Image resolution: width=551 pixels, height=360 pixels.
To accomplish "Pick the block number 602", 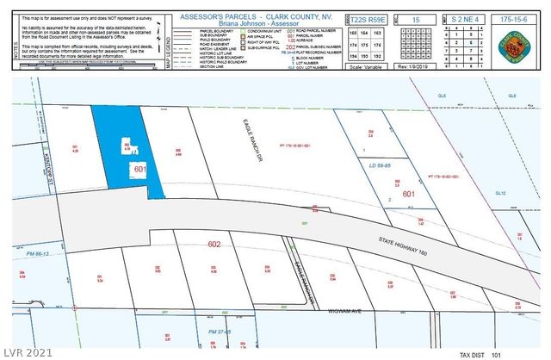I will point(214,245).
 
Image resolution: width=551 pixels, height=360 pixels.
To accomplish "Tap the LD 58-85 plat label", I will point(378,164).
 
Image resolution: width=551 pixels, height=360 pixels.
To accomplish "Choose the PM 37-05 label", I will point(222,332).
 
